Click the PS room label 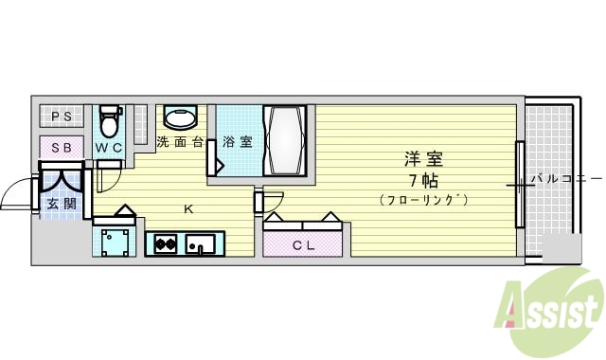click(62, 117)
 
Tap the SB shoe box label click(62, 147)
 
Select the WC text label click(108, 147)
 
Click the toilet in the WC click(109, 121)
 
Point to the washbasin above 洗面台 click(180, 117)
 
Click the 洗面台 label click(180, 142)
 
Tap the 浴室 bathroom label click(238, 142)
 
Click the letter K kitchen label click(189, 209)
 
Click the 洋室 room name click(423, 158)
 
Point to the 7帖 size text click(423, 180)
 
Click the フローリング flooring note click(423, 200)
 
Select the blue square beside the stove click(116, 243)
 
